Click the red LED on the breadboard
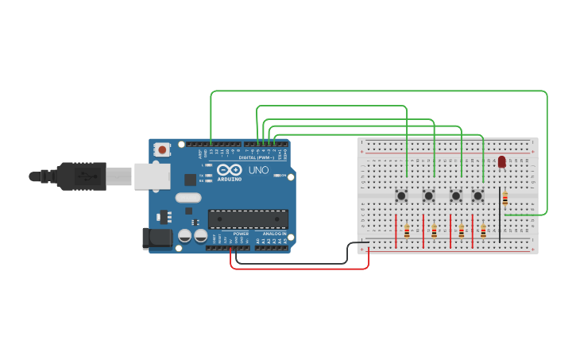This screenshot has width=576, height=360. tap(501, 161)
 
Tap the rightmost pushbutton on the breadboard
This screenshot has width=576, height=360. tap(478, 195)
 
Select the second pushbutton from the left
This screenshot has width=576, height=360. tap(428, 195)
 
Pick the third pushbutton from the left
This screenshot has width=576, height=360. tap(456, 195)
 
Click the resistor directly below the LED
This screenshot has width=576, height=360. tap(505, 199)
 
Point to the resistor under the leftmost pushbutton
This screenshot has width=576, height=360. tap(407, 231)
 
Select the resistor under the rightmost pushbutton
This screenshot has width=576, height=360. tap(483, 231)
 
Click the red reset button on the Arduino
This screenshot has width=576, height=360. tap(162, 149)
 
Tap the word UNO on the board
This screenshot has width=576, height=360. tap(258, 170)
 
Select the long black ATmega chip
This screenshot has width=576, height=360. tap(248, 219)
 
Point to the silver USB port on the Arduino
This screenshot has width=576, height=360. tap(150, 176)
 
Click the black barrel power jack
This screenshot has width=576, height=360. tap(157, 237)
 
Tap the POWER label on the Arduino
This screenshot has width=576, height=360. tap(241, 234)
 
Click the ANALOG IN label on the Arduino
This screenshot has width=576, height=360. tap(275, 234)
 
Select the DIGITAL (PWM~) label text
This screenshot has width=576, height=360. tap(256, 157)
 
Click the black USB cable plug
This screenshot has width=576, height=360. tap(79, 176)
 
